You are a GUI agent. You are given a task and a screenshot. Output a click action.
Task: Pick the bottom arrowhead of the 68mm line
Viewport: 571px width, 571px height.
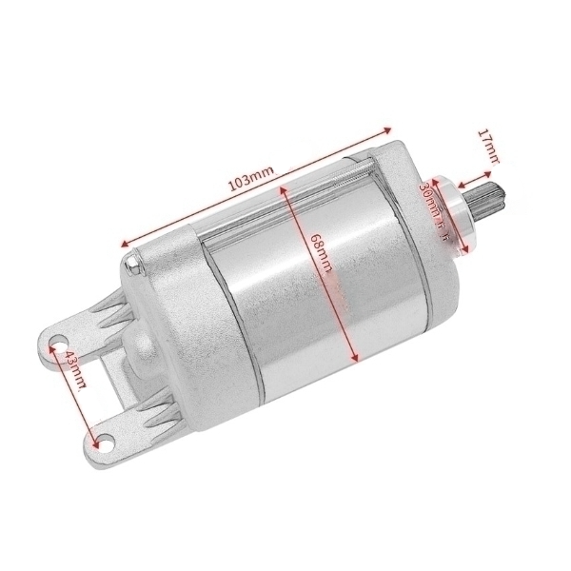tap(355, 360)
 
